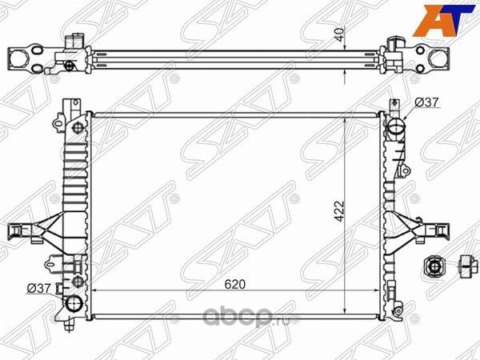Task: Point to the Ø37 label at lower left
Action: coord(39,288)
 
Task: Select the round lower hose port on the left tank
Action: coord(74,304)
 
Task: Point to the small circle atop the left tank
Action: coord(77,128)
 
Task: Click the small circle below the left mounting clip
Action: coord(77,281)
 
